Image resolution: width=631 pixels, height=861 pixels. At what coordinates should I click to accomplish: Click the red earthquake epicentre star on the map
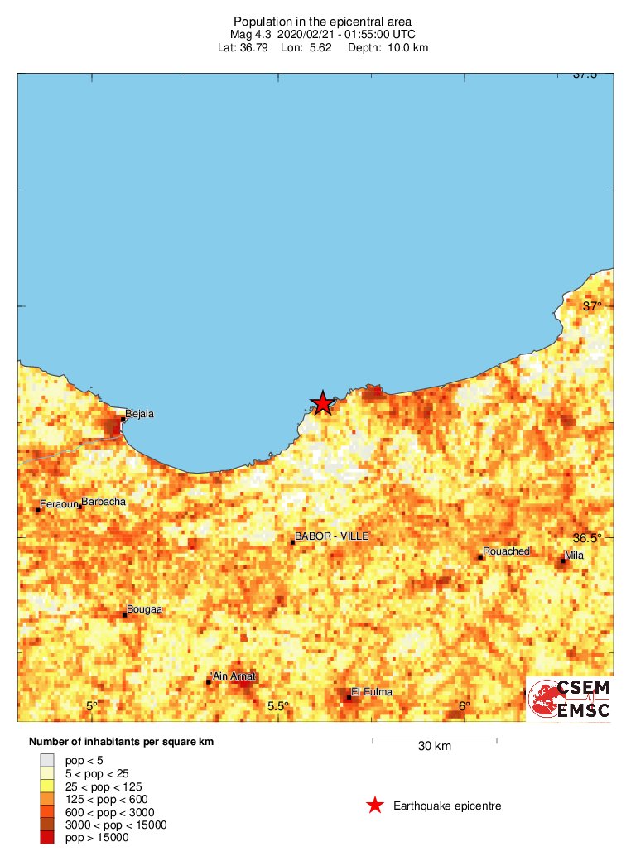322,402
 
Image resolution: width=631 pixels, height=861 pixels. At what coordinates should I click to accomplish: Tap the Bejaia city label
139,413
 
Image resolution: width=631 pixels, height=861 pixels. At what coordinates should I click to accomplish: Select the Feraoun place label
59,503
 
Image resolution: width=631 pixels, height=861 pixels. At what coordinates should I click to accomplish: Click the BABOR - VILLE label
332,537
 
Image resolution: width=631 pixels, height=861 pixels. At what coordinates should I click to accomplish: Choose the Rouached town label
506,551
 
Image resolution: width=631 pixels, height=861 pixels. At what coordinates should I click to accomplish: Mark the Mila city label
574,555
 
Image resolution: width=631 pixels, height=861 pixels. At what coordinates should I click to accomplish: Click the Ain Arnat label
234,676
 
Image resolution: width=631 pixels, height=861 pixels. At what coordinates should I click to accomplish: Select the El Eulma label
372,692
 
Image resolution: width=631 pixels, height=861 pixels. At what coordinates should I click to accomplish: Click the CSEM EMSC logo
570,699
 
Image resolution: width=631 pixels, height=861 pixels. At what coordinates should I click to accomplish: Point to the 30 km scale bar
434,738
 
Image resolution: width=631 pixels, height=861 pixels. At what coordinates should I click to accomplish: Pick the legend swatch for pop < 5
47,760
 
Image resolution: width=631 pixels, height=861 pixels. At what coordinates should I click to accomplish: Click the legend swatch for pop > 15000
47,838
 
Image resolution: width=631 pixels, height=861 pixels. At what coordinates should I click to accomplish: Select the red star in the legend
375,805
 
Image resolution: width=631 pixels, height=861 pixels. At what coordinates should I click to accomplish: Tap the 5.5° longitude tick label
278,705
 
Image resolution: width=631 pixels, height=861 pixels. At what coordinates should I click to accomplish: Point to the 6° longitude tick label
465,705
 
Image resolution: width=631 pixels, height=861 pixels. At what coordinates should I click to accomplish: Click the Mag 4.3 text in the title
253,35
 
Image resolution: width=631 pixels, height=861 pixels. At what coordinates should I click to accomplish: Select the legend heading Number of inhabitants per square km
121,742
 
